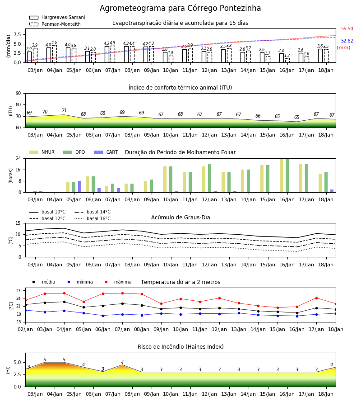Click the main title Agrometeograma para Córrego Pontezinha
tap(180, 8)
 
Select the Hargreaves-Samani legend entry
tap(57, 17)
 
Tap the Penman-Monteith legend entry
tap(55, 24)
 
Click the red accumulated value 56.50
tap(347, 28)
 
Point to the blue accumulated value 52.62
tap(347, 41)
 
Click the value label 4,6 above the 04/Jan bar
tap(54, 43)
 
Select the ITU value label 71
tap(64, 111)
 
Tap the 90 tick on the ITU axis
tap(18, 94)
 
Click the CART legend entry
tap(106, 152)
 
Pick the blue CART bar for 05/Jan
tap(80, 187)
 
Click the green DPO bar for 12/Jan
tap(209, 178)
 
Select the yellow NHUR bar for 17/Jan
tap(301, 178)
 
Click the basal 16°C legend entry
tap(93, 218)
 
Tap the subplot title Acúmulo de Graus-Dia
tap(180, 218)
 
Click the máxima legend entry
tap(116, 282)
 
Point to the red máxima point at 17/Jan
tap(316, 298)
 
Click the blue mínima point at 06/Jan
tap(103, 316)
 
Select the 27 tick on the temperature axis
tap(18, 291)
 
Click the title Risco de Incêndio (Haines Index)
tap(180, 347)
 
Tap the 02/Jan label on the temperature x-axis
tap(25, 329)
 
